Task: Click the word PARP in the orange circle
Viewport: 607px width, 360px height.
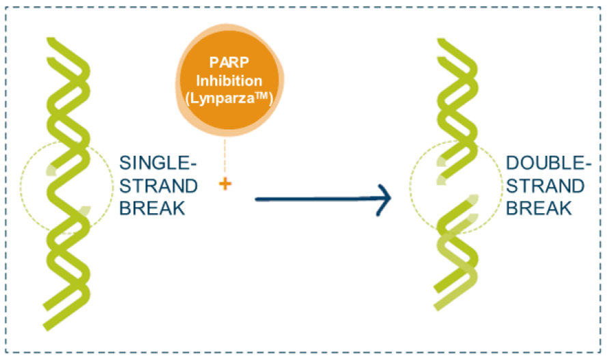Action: tap(229, 62)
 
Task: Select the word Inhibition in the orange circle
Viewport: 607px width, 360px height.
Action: tap(229, 81)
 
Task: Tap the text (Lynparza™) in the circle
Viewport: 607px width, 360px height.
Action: tap(229, 98)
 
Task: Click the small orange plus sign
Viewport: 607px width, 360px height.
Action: tap(225, 184)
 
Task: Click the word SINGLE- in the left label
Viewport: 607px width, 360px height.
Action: tap(158, 163)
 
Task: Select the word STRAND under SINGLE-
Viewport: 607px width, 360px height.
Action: tap(158, 186)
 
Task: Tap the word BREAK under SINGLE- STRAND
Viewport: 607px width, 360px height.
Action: tap(152, 208)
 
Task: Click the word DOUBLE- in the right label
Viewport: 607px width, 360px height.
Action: tap(548, 163)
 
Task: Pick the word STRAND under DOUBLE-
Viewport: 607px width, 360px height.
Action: tap(545, 186)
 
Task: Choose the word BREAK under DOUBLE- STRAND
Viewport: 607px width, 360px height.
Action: tap(539, 208)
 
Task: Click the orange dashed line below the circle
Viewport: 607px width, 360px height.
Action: tap(225, 156)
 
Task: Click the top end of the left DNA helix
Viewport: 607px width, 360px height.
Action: tap(51, 40)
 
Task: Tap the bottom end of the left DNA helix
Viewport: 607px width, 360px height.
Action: tap(46, 327)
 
